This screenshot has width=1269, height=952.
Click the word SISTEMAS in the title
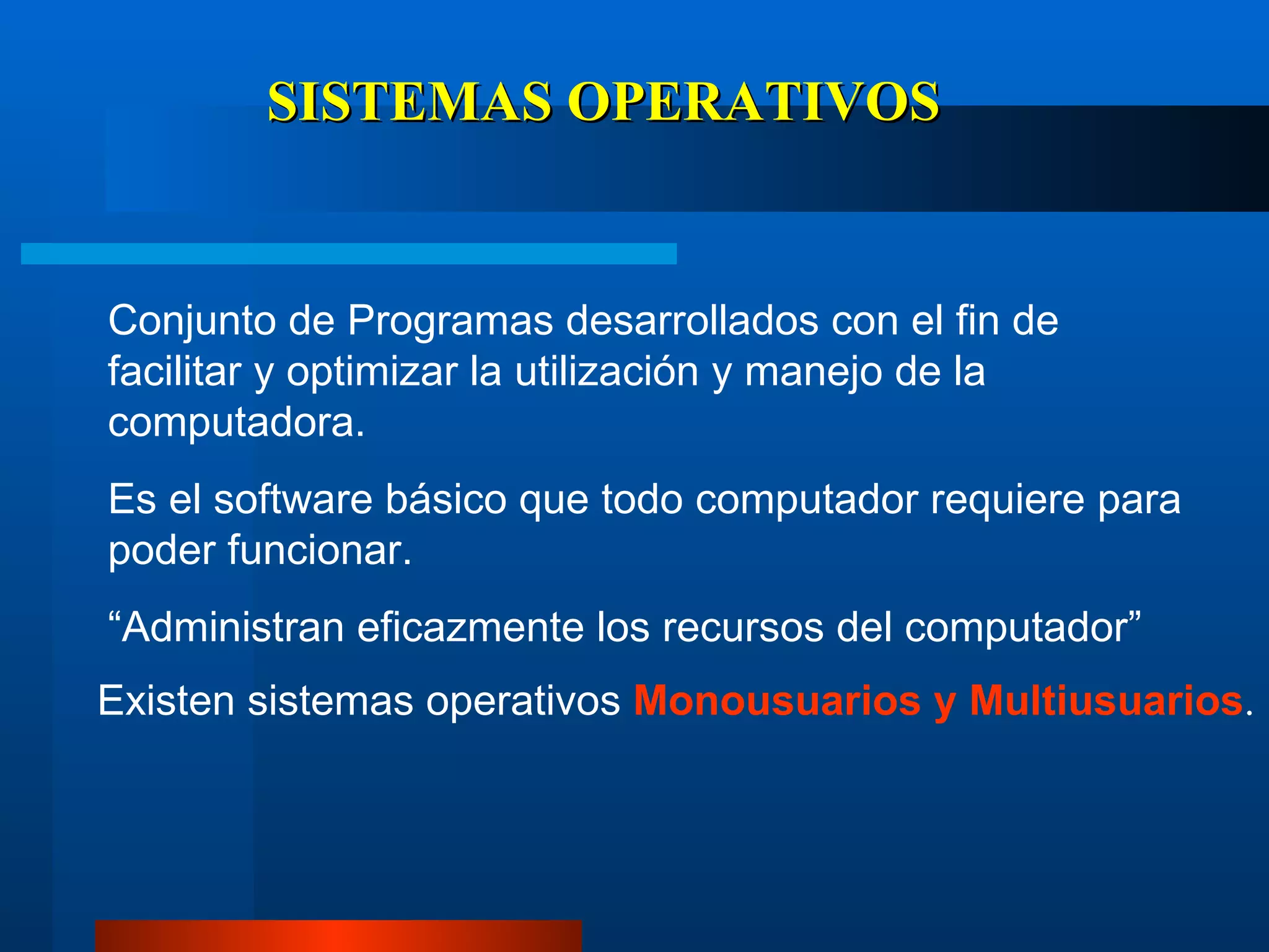[409, 102]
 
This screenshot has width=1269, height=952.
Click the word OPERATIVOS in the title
[753, 102]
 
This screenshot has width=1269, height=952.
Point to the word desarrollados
[692, 321]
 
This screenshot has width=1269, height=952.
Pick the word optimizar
[372, 373]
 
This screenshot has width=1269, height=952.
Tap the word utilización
[607, 372]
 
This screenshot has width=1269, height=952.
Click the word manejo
[813, 373]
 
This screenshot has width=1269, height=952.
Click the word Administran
[232, 627]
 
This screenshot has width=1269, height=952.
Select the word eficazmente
[470, 627]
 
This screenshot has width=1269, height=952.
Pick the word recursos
[743, 628]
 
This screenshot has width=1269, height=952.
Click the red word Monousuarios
[777, 702]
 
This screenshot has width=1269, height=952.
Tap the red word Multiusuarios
[1107, 700]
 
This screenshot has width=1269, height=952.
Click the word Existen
[166, 702]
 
